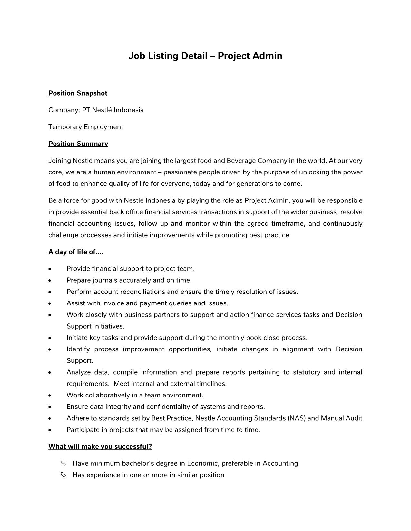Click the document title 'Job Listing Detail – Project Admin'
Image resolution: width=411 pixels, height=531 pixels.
point(205,56)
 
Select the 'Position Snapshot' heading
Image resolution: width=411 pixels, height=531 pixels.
point(78,93)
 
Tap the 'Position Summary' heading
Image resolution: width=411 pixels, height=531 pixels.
point(78,144)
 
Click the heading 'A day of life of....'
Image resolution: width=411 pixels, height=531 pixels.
point(75,252)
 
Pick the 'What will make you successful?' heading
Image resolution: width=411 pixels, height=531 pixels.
point(100,447)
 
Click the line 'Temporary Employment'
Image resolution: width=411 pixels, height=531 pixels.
point(85,127)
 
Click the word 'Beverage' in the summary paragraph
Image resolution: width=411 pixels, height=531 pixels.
point(241,161)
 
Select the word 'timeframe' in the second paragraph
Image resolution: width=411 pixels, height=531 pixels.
point(288,224)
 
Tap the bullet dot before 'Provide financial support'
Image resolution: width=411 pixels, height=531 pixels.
point(50,269)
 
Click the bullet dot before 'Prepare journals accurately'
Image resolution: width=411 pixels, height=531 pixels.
point(50,281)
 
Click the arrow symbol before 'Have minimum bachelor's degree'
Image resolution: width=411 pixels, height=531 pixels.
point(64,464)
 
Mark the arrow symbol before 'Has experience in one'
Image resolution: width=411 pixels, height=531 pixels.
point(64,475)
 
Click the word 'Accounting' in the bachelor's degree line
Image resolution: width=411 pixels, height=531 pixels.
point(280,464)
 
